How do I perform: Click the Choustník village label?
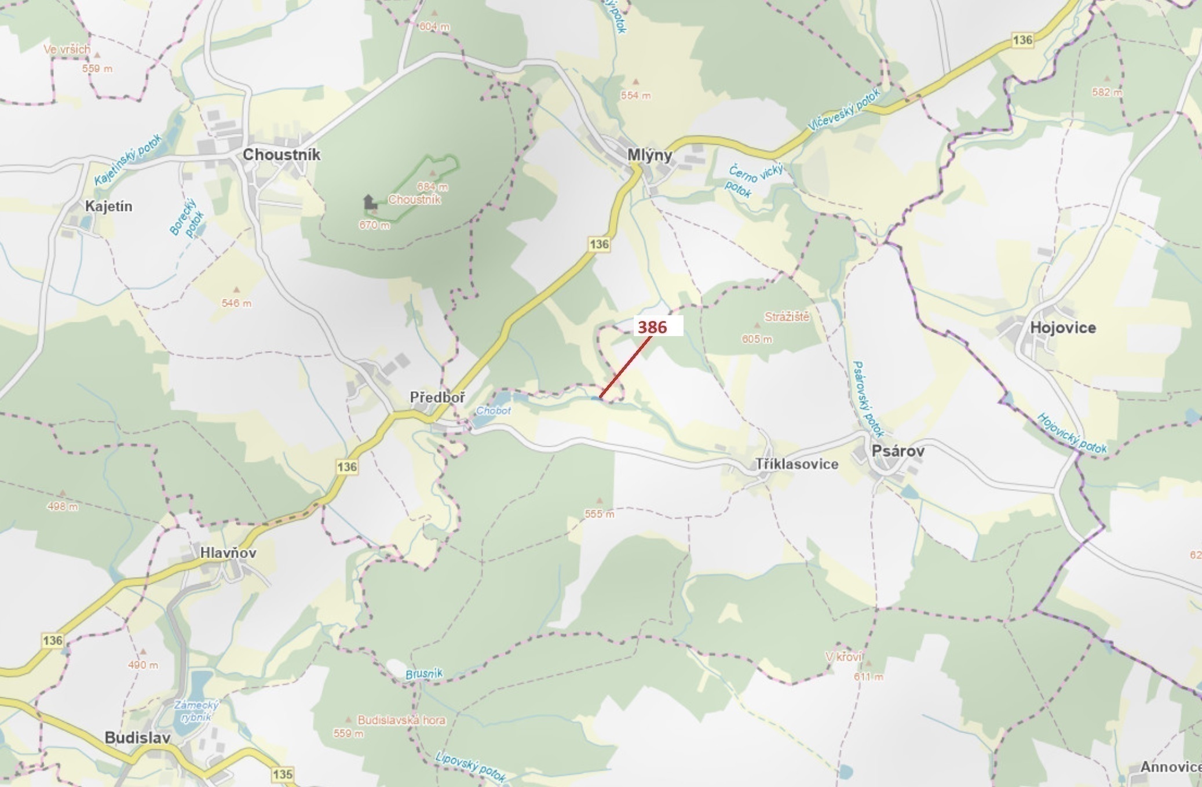281,155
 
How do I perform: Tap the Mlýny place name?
649,155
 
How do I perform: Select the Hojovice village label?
1062,327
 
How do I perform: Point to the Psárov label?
898,450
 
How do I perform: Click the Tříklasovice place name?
797,464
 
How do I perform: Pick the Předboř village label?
437,397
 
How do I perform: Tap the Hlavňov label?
228,552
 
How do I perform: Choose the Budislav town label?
137,738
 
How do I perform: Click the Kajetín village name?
108,206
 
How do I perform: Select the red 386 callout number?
652,327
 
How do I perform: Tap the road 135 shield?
282,774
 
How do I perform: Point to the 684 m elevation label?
432,187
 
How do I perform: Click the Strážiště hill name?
787,317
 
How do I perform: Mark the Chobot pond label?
494,410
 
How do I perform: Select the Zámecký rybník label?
197,711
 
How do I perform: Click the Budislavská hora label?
401,720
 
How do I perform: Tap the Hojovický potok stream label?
1072,433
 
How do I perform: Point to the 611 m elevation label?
868,676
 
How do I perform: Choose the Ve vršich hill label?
67,49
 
